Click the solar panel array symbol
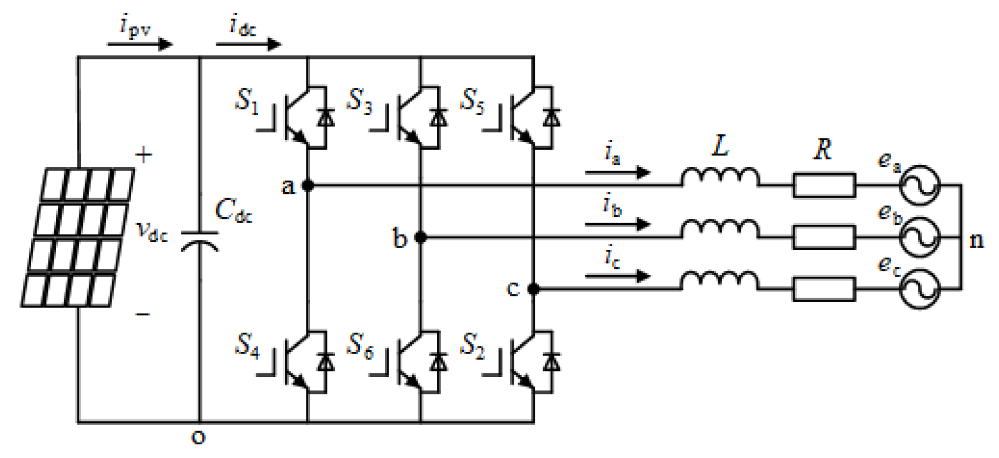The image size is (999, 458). (78, 237)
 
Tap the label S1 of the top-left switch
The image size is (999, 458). (247, 101)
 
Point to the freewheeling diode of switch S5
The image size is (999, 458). (552, 117)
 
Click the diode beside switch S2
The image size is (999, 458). (552, 362)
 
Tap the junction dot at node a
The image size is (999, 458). (308, 185)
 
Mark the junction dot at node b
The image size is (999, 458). (420, 237)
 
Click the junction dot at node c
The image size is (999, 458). (533, 289)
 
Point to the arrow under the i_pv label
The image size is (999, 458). (140, 44)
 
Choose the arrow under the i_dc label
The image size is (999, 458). (248, 44)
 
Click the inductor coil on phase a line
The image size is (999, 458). (720, 178)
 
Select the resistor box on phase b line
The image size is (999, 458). (824, 237)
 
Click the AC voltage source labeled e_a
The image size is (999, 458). (919, 185)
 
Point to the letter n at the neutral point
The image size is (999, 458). (976, 240)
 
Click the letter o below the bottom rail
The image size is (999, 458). (198, 438)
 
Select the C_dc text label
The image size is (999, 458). (233, 211)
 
